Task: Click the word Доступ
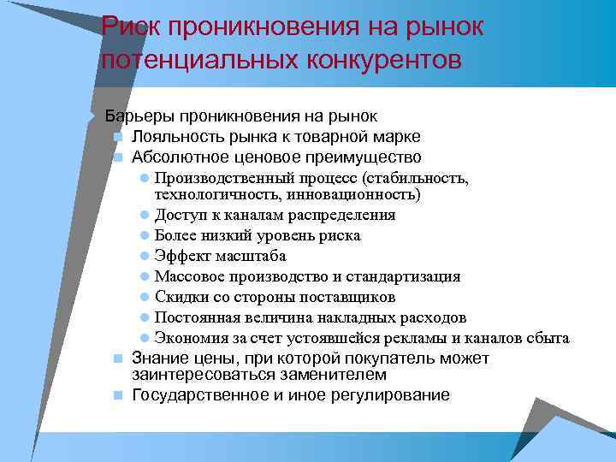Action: click(x=176, y=215)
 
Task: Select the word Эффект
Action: click(x=179, y=256)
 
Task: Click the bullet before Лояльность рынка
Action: click(x=116, y=137)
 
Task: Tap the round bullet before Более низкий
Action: click(x=145, y=235)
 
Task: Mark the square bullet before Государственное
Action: click(x=116, y=396)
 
